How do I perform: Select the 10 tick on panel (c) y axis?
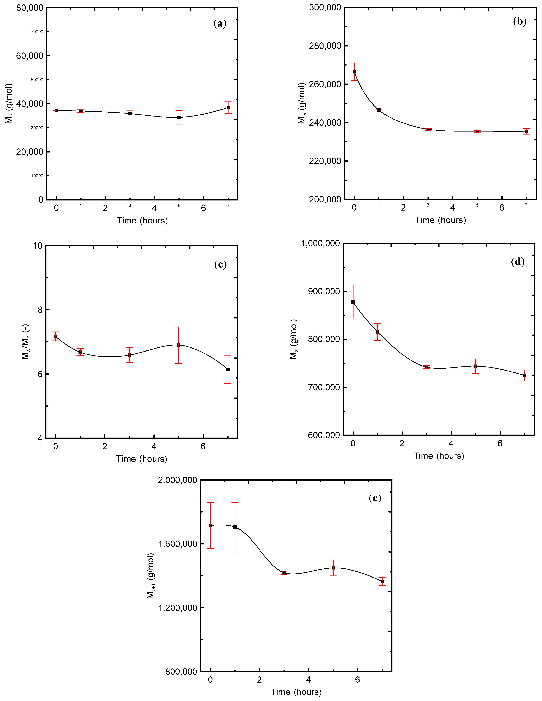coord(38,246)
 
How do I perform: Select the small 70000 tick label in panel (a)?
coord(37,32)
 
